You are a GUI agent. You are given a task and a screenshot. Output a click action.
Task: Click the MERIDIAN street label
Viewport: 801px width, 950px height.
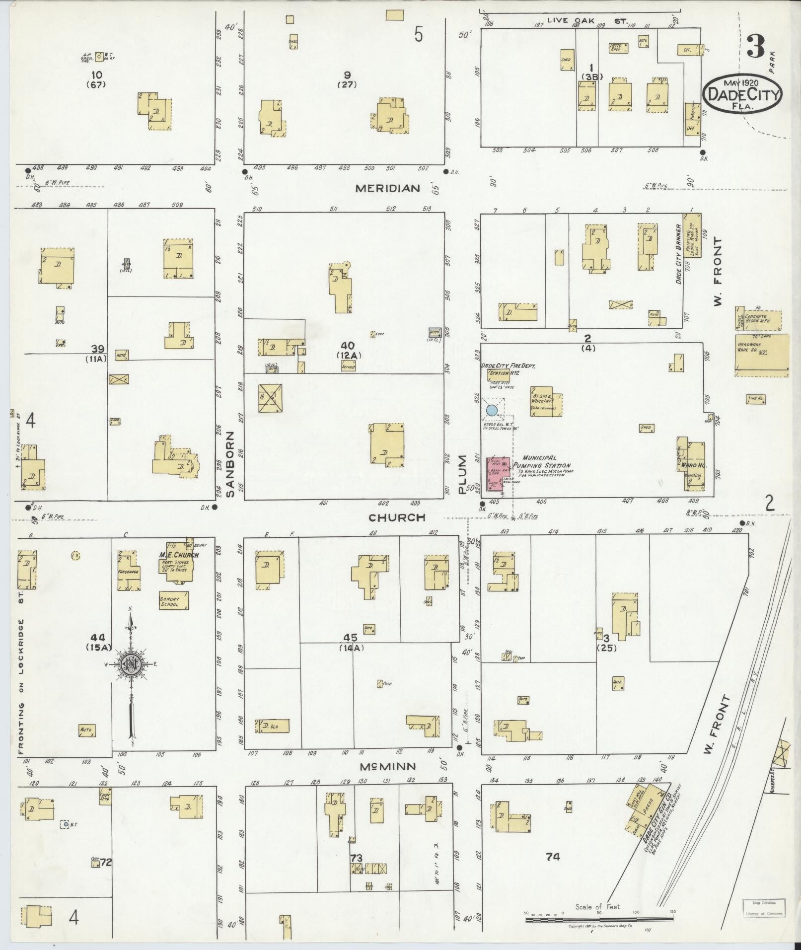click(388, 188)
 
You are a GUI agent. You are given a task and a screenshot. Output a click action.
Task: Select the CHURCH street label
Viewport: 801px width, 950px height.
click(397, 517)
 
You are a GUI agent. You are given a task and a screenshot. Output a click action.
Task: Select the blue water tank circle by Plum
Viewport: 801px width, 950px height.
click(491, 410)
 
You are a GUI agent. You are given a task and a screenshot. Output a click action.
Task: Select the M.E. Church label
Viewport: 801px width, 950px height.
click(179, 555)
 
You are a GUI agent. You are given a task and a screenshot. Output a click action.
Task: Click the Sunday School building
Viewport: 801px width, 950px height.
click(173, 601)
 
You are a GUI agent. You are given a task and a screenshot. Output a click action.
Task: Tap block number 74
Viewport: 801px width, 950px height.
click(552, 856)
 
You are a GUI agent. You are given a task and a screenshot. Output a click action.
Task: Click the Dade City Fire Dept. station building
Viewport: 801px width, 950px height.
click(499, 374)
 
